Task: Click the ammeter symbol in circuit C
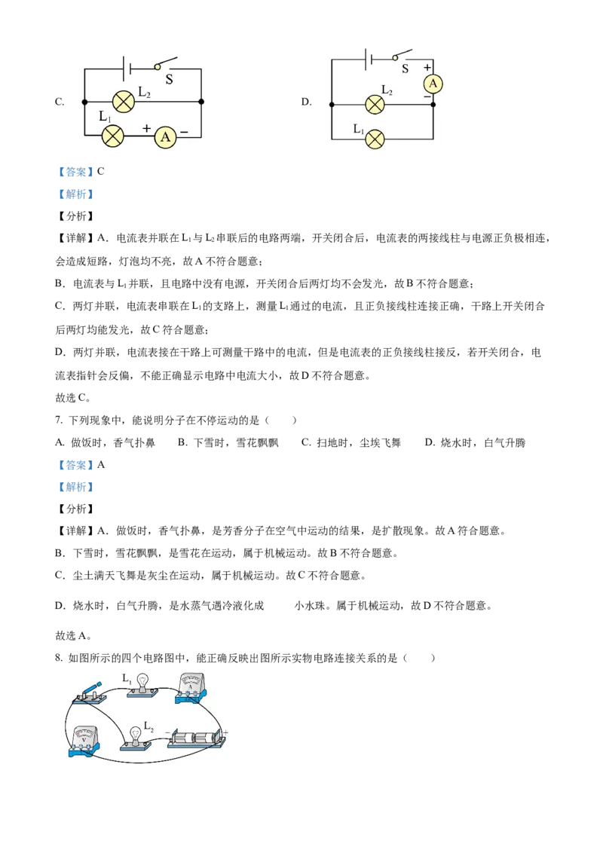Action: pos(165,136)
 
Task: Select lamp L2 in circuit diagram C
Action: pos(123,102)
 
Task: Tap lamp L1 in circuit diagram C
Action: pos(112,136)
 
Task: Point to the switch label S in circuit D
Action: pos(405,69)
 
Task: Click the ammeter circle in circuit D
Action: pos(433,84)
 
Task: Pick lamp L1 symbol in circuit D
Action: pos(375,139)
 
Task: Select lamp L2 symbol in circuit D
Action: pos(375,105)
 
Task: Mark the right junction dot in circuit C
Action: pos(201,102)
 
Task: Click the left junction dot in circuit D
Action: pos(332,105)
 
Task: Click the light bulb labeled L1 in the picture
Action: pos(142,685)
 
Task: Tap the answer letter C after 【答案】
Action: pos(101,171)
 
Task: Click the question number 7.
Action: pos(59,420)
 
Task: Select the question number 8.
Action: pos(59,659)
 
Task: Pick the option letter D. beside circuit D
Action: pos(306,102)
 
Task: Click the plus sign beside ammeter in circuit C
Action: pos(146,128)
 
